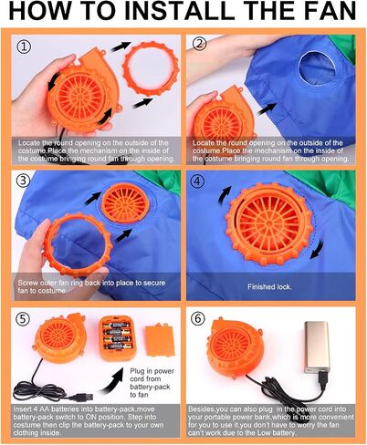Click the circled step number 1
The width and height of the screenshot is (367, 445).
tap(24, 47)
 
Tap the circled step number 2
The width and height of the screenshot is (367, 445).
tap(200, 44)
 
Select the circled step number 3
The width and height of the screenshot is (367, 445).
tap(24, 181)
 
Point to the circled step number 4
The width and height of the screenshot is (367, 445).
tap(197, 181)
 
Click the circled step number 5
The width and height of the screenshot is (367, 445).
tap(24, 319)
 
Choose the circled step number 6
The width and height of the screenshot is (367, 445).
tap(198, 318)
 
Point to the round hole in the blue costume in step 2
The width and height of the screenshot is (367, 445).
tap(317, 66)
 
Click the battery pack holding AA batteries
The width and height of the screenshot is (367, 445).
tap(118, 337)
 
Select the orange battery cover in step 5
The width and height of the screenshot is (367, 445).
tap(160, 340)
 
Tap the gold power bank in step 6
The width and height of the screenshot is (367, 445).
tap(317, 347)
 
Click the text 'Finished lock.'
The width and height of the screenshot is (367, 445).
tap(269, 286)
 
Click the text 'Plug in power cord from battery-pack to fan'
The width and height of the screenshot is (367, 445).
tap(152, 383)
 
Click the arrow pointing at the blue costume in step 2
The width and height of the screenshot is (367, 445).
tap(267, 109)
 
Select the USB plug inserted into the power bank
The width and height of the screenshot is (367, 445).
tap(323, 380)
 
